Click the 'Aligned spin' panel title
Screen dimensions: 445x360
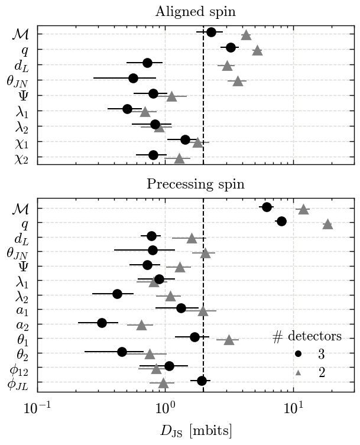[x=196, y=12]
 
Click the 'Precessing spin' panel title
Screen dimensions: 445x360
[x=196, y=184]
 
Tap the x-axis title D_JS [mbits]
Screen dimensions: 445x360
[x=196, y=430]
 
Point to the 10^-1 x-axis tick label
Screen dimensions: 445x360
[x=37, y=408]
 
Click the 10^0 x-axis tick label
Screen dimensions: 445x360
[x=165, y=408]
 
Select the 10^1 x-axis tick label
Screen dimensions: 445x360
[x=293, y=408]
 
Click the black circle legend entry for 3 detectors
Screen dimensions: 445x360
[x=299, y=354]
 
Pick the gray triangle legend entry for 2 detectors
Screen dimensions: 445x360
[x=299, y=373]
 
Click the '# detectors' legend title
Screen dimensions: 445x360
[x=307, y=337]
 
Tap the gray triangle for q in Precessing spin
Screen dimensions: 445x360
[x=327, y=224]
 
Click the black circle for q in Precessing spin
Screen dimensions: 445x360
[x=281, y=221]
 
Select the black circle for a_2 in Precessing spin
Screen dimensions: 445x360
[x=102, y=323]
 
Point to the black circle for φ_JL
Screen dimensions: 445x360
[x=202, y=381]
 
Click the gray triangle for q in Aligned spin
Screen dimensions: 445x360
[x=257, y=50]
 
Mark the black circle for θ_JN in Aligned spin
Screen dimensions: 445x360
[x=133, y=78]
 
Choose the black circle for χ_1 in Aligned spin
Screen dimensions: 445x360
[x=185, y=139]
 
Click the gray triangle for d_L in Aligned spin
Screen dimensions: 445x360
[x=227, y=66]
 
